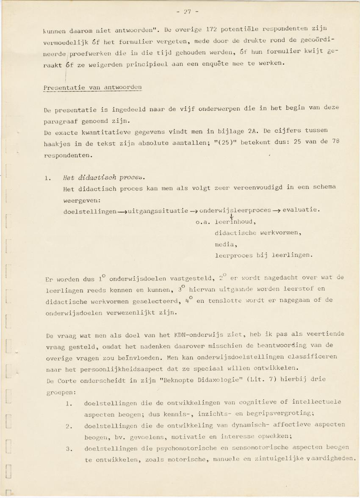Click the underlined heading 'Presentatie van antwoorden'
[x=92, y=88]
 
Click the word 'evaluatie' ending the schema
[x=301, y=210]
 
